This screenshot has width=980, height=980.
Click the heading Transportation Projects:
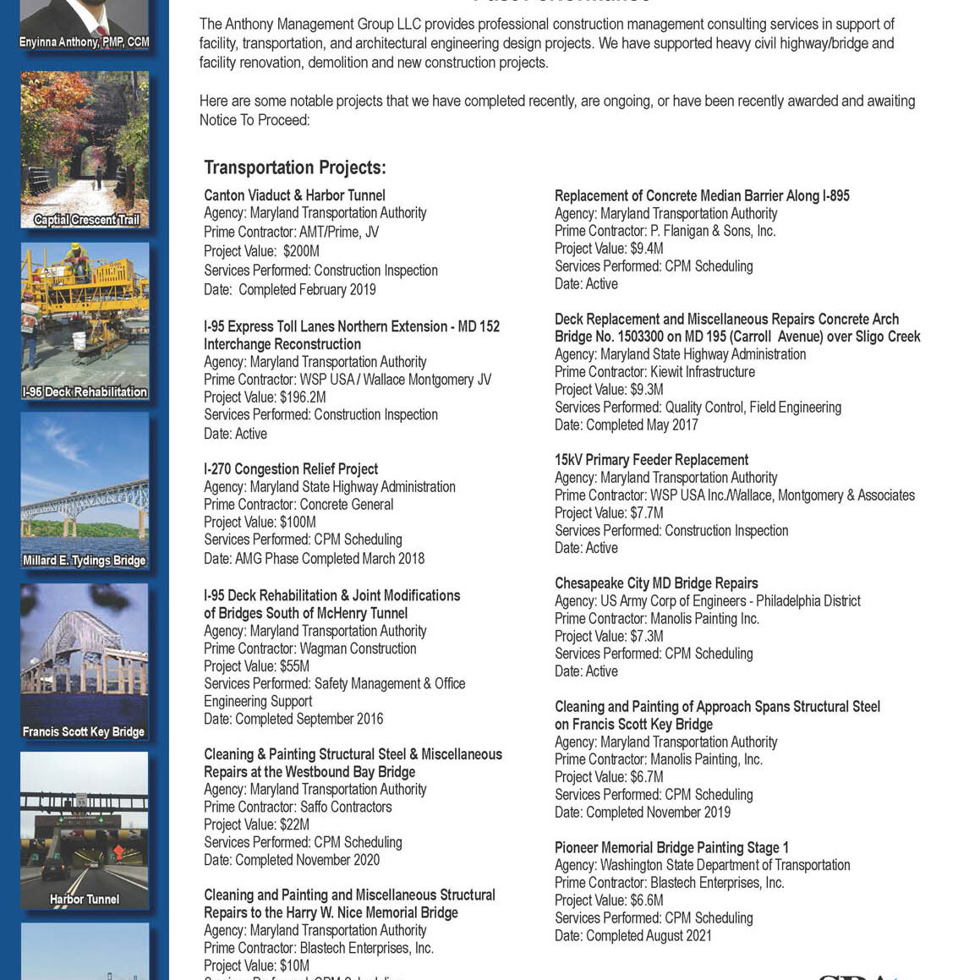(x=294, y=167)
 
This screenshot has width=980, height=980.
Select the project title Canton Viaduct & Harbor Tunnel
(x=294, y=195)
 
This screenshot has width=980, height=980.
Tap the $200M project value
(x=301, y=251)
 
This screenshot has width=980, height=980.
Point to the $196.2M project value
(x=303, y=397)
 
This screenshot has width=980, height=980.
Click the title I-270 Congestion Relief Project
(x=291, y=469)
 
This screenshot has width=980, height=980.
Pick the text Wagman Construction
(x=358, y=649)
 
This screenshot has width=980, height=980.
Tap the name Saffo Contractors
(x=346, y=807)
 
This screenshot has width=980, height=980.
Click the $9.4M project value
(x=646, y=249)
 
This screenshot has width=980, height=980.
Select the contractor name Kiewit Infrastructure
(x=702, y=372)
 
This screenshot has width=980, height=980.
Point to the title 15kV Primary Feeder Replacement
(x=651, y=460)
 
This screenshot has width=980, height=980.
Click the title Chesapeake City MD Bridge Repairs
(x=656, y=583)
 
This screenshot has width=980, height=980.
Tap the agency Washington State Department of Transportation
(x=725, y=865)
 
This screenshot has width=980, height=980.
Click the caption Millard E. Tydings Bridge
(x=84, y=560)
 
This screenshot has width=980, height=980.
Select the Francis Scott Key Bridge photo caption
(x=84, y=731)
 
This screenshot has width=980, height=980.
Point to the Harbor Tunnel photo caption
(x=84, y=899)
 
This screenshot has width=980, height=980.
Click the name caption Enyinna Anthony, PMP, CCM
(x=84, y=41)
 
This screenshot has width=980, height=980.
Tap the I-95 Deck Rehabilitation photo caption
(x=84, y=391)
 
